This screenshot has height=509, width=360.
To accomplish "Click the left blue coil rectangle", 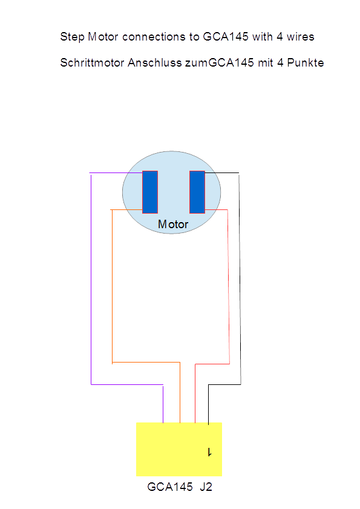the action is (150, 192).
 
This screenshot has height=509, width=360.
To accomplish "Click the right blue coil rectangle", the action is (197, 192).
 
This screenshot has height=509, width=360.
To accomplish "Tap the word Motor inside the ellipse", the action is (173, 225).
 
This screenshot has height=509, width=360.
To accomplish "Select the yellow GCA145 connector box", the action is (179, 449).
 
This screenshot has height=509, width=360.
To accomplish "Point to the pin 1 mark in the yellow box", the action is (210, 452).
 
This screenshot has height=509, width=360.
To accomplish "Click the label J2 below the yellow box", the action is (206, 487).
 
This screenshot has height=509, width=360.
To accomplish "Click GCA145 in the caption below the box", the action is (170, 487).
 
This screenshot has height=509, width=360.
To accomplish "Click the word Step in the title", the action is (73, 37).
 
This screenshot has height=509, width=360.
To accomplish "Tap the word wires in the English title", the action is (300, 37).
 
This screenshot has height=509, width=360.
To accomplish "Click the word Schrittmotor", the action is (92, 62).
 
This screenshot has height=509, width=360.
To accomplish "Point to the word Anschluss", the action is (154, 62).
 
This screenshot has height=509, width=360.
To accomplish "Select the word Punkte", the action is (306, 62).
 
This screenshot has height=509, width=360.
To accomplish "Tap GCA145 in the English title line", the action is (226, 37).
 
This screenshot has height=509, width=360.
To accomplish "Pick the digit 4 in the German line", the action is (280, 62).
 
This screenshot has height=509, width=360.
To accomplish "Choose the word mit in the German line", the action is (266, 62).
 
